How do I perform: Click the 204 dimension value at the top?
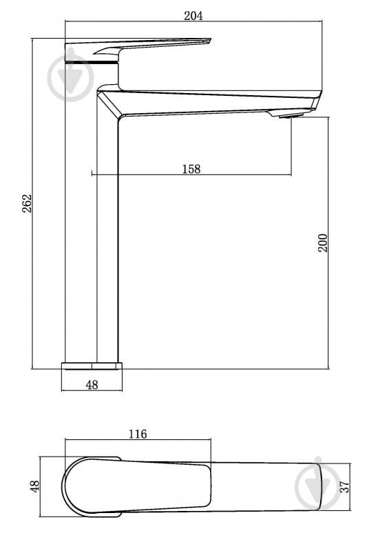[x=193, y=16]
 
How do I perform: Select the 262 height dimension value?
[x=27, y=203]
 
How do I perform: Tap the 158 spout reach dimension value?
[x=191, y=169]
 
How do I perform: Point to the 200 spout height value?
[x=323, y=243]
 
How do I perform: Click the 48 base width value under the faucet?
[x=92, y=385]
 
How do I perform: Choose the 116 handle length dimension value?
[x=138, y=434]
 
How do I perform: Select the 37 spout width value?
[x=345, y=487]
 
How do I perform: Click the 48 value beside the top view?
[x=35, y=486]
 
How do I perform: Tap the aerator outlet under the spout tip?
[x=291, y=116]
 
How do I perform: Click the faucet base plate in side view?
[x=92, y=365]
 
